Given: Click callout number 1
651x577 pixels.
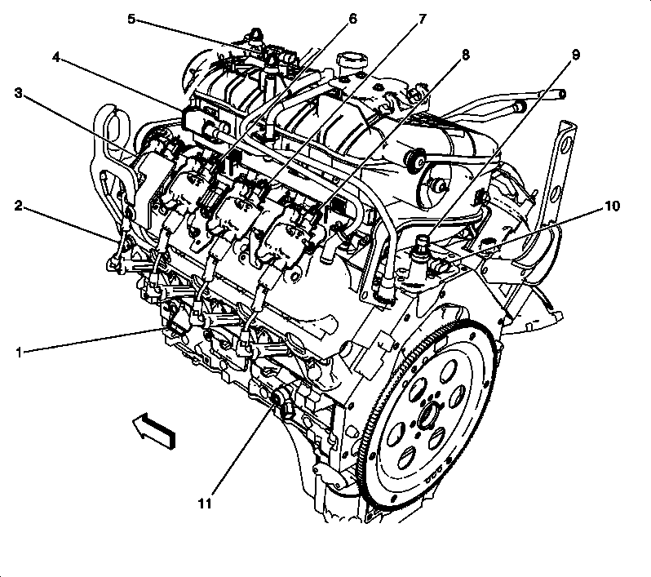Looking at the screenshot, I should click(17, 353).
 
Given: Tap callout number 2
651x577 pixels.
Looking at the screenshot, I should click(17, 205).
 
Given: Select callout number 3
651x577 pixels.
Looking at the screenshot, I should click(17, 93).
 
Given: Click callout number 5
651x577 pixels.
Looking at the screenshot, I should click(131, 18).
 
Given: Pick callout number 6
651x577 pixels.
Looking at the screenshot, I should click(352, 18).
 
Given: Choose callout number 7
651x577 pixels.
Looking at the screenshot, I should click(422, 18).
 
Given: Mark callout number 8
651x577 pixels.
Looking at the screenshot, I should click(465, 55).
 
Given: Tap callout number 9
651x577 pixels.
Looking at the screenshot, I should click(575, 55).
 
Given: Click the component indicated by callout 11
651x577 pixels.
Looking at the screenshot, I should click(281, 400).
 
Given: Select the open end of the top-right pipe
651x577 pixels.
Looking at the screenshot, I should click(561, 95).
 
